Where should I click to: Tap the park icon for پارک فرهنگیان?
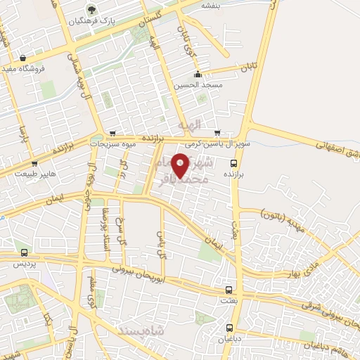[91, 10]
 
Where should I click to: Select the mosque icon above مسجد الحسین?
[198, 74]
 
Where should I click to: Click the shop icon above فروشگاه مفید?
[24, 58]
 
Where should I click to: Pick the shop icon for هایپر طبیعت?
[34, 164]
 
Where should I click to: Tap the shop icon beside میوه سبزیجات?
[112, 134]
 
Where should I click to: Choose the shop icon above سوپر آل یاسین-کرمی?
[217, 132]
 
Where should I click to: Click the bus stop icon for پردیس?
[25, 252]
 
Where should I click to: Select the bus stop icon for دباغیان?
[230, 328]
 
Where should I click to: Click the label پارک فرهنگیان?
[91, 21]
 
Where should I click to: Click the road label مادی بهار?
[328, 257]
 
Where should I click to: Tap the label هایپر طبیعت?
[38, 174]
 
